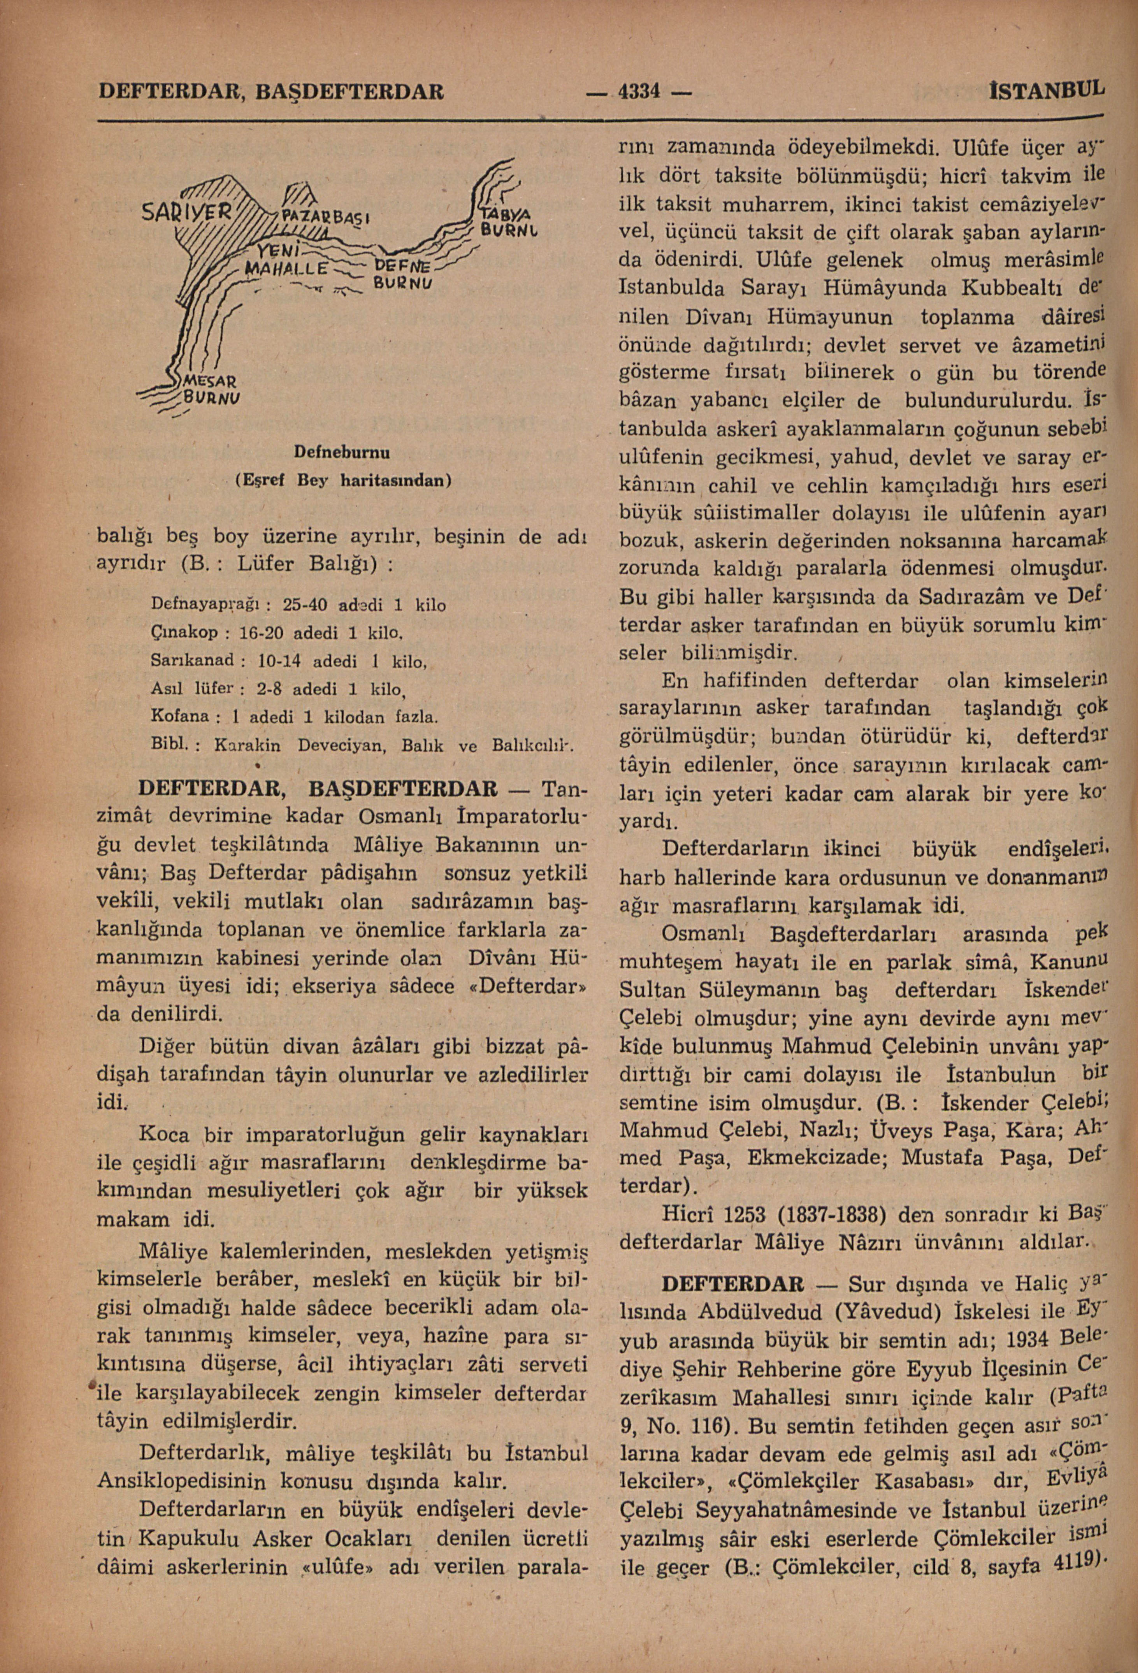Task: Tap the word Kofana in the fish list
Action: [179, 716]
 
